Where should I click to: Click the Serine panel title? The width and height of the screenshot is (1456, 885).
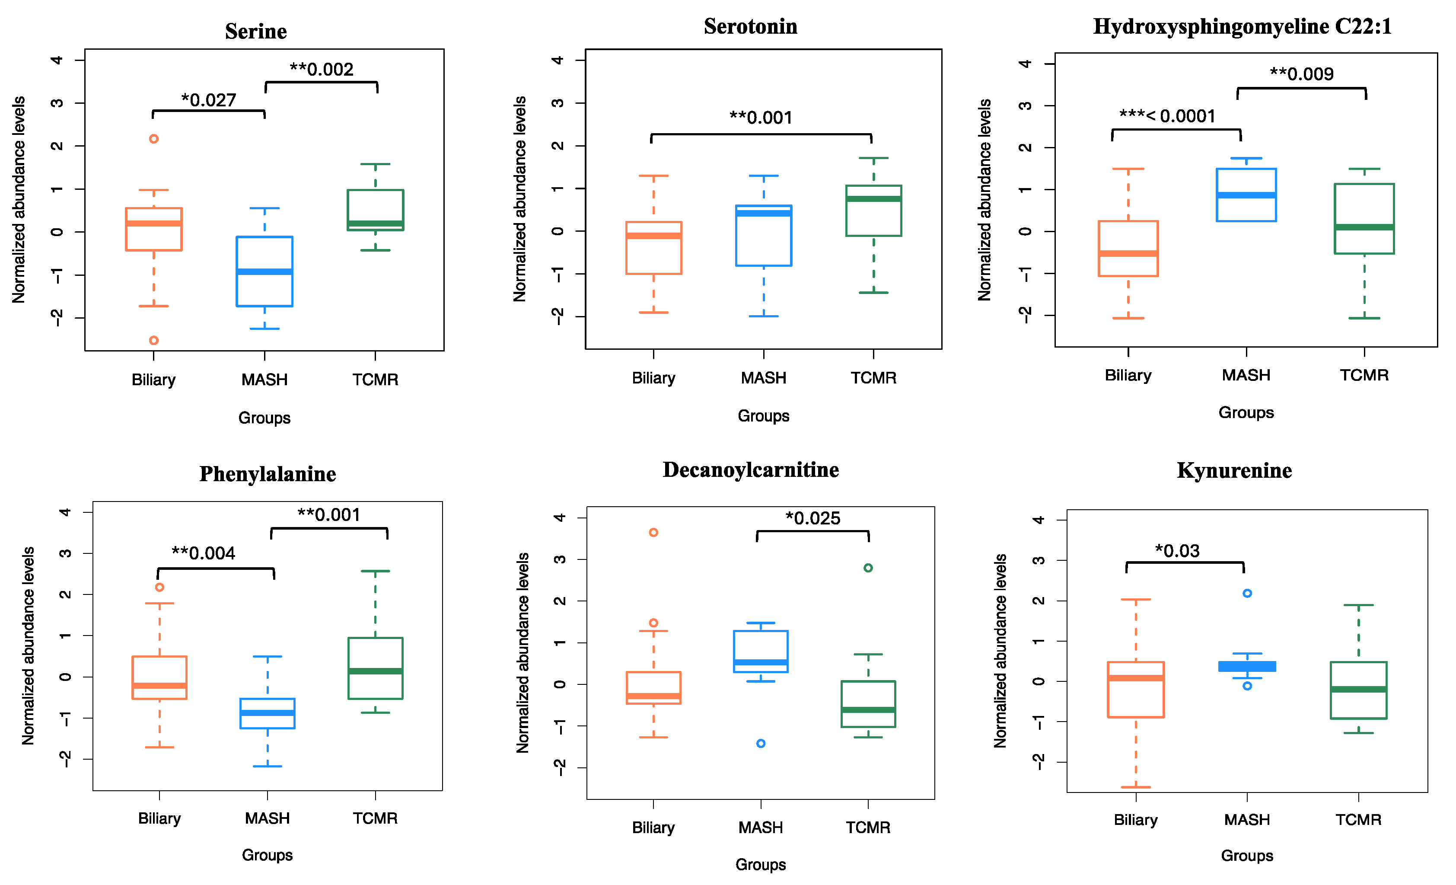pyautogui.click(x=256, y=31)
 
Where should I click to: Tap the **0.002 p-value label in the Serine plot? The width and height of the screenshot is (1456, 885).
pyautogui.click(x=322, y=70)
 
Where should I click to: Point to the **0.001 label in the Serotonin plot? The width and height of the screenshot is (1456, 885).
pyautogui.click(x=761, y=118)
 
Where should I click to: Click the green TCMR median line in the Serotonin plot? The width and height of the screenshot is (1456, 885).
pyautogui.click(x=873, y=198)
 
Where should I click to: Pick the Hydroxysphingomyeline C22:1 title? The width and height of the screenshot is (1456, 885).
pyautogui.click(x=1242, y=27)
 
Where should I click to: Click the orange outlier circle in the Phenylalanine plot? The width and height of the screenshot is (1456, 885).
pyautogui.click(x=159, y=588)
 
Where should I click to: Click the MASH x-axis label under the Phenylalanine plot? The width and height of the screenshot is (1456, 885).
pyautogui.click(x=267, y=818)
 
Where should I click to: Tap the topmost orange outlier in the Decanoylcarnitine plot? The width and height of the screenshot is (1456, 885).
pyautogui.click(x=653, y=533)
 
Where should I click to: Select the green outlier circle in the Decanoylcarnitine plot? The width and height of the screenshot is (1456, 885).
pyautogui.click(x=868, y=568)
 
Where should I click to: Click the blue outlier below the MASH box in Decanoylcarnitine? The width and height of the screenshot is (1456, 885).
pyautogui.click(x=761, y=744)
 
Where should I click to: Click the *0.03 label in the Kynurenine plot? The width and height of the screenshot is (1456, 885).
pyautogui.click(x=1177, y=551)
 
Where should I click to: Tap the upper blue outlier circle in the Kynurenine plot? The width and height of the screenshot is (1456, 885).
pyautogui.click(x=1247, y=594)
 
